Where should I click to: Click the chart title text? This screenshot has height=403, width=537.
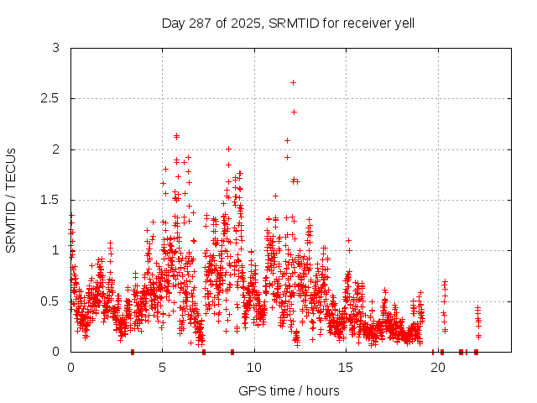pyautogui.click(x=288, y=23)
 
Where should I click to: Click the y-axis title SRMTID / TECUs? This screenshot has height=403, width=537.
pyautogui.click(x=11, y=200)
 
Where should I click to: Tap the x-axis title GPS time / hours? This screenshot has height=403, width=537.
pyautogui.click(x=289, y=390)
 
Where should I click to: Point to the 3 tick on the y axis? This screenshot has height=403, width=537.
pyautogui.click(x=55, y=49)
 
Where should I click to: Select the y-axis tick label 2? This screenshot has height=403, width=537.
pyautogui.click(x=55, y=149)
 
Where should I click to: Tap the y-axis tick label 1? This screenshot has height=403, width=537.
pyautogui.click(x=55, y=250)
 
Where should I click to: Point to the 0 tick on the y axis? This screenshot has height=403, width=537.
pyautogui.click(x=55, y=351)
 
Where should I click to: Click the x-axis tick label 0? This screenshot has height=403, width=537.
pyautogui.click(x=70, y=367)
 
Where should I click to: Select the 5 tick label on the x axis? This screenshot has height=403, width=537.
pyautogui.click(x=162, y=367)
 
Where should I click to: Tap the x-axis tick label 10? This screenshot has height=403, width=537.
pyautogui.click(x=253, y=367)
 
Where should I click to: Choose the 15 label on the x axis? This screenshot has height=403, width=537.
pyautogui.click(x=346, y=367)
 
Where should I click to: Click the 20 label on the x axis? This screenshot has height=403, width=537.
pyautogui.click(x=437, y=367)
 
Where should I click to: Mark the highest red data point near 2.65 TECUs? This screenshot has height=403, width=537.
pyautogui.click(x=293, y=82)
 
